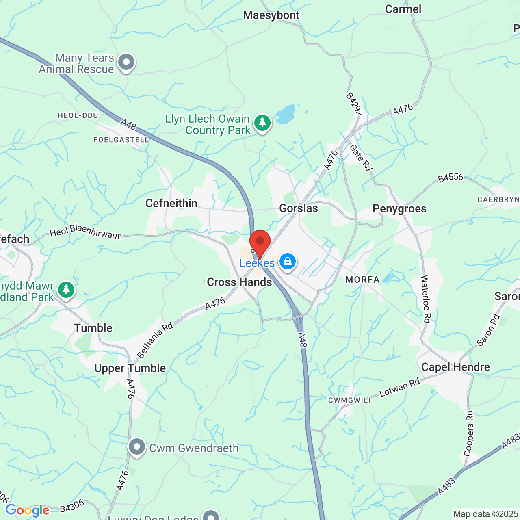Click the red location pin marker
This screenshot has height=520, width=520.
[x=260, y=243]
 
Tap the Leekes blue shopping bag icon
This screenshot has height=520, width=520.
[x=288, y=262]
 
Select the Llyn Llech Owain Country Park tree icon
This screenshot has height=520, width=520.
[x=262, y=122]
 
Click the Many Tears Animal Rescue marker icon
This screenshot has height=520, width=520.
[x=126, y=63]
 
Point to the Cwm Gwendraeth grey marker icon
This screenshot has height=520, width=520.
[x=137, y=447]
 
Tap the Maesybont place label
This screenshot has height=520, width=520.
[x=271, y=15]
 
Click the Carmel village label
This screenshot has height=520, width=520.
[x=403, y=9]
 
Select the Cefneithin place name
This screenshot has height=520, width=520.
[x=171, y=203]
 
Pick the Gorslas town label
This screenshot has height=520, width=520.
[x=299, y=208]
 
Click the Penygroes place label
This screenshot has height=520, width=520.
[x=399, y=209]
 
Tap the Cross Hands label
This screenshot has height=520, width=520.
[x=239, y=282]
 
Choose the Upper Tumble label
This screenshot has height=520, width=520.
[x=130, y=368]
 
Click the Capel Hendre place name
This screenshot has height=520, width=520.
[x=455, y=367]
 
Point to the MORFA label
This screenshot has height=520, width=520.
[x=362, y=279]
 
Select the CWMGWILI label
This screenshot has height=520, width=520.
[x=349, y=400]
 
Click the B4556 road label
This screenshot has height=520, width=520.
[x=450, y=178]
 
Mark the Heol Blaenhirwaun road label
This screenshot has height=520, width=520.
[x=86, y=232]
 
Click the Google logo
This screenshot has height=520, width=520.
[x=27, y=510]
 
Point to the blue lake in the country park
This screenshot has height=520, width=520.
[x=286, y=114]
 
